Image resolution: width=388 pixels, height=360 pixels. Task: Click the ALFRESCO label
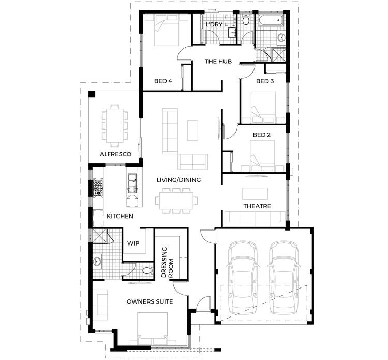116,154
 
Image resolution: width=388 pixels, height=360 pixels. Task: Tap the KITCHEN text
120,216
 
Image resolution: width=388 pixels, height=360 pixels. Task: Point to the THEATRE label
257,206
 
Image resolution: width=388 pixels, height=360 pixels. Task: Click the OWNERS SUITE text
150,301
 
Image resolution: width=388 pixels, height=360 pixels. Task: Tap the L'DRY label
214,25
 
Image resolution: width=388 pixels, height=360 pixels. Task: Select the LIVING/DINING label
179,180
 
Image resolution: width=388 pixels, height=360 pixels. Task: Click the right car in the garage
284,277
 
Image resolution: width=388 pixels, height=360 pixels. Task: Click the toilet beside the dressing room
147,270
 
